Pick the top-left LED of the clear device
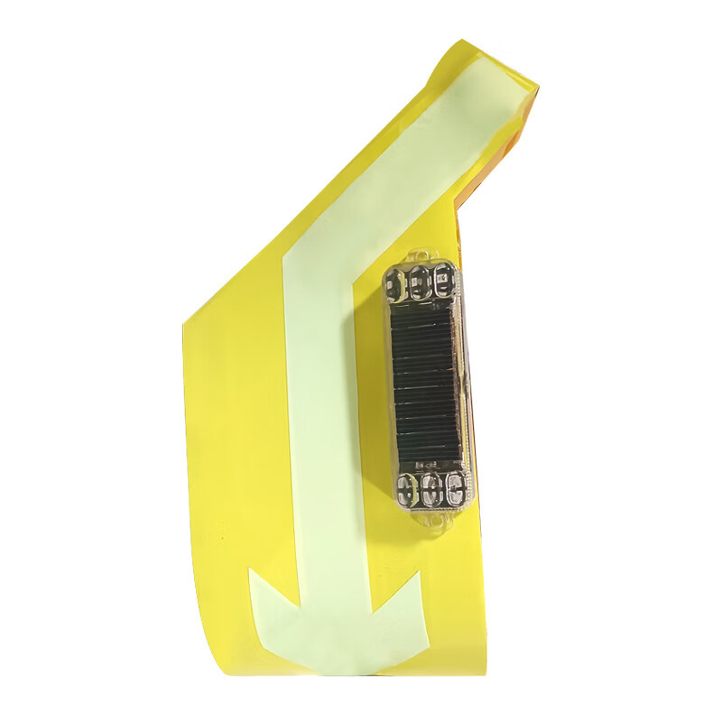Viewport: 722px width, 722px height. click(394, 287)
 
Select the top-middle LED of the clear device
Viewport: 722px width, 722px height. click(419, 285)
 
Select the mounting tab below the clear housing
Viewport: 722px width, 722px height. click(438, 522)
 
